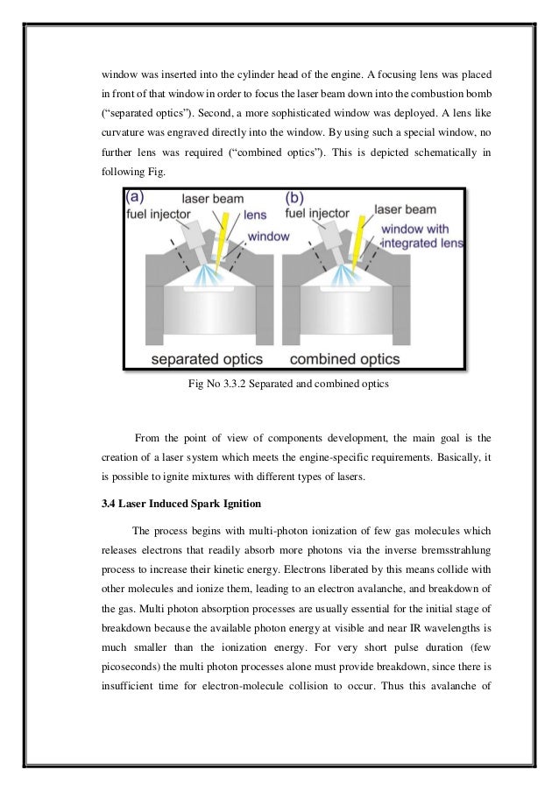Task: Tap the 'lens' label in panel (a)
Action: tap(255, 214)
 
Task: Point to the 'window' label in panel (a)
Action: tap(268, 236)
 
